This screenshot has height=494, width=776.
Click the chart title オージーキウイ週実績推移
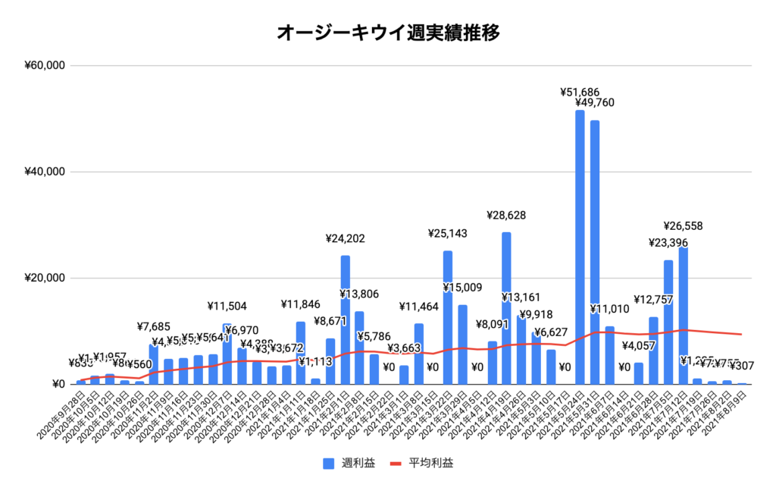(x=387, y=33)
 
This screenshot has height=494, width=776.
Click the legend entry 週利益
(x=349, y=462)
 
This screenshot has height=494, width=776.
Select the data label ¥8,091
(x=493, y=325)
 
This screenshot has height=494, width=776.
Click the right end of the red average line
(x=740, y=335)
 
